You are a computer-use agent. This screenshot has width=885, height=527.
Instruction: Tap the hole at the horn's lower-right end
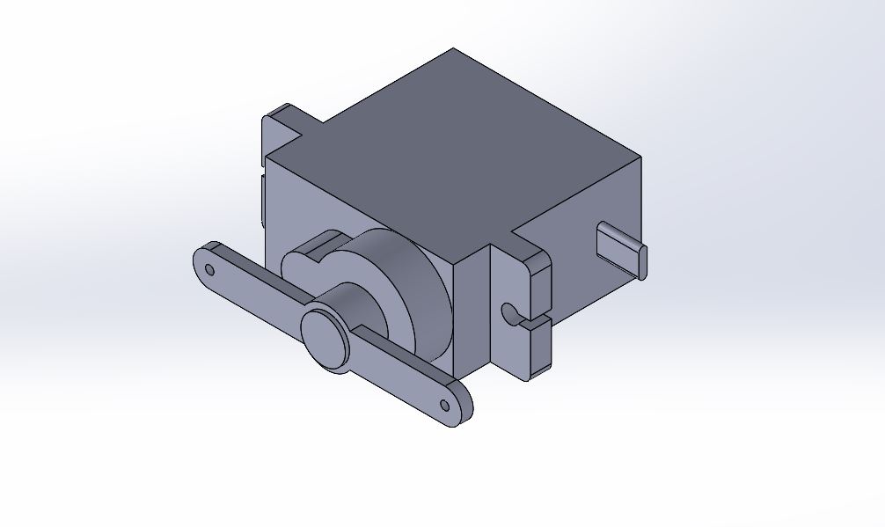pyautogui.click(x=445, y=405)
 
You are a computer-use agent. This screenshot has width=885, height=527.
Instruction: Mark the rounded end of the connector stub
pyautogui.click(x=645, y=261)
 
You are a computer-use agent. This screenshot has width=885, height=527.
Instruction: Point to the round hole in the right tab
pyautogui.click(x=508, y=311)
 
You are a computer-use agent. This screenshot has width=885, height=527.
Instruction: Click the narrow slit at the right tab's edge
pyautogui.click(x=535, y=320)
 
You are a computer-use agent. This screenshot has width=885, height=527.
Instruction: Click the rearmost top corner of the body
pyautogui.click(x=454, y=49)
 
